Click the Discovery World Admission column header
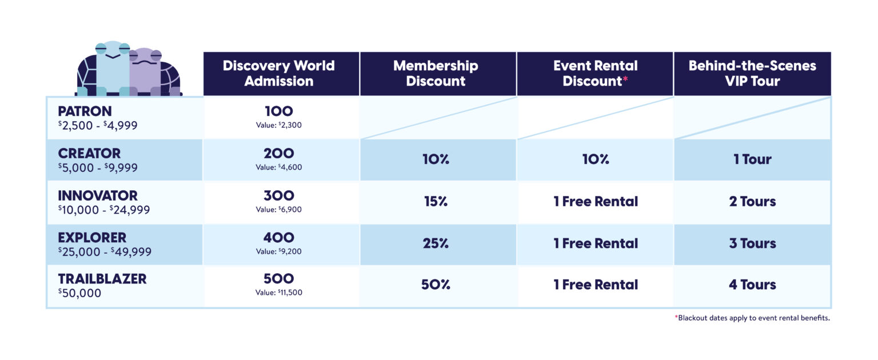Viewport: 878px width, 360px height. pyautogui.click(x=279, y=73)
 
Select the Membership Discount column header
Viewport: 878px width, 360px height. pyautogui.click(x=436, y=73)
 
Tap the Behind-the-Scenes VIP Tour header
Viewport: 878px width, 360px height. pyautogui.click(x=752, y=73)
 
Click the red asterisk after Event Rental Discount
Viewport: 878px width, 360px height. pyautogui.click(x=625, y=79)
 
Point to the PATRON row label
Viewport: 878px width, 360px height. pyautogui.click(x=85, y=111)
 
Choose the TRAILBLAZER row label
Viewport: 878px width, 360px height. pyautogui.click(x=102, y=279)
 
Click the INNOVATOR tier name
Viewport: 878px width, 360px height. pyautogui.click(x=98, y=195)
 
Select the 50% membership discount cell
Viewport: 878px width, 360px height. pyautogui.click(x=436, y=285)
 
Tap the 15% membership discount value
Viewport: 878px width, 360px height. pyautogui.click(x=436, y=201)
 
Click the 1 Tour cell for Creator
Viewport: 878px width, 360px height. pyautogui.click(x=752, y=159)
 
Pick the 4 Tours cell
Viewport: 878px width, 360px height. pyautogui.click(x=752, y=285)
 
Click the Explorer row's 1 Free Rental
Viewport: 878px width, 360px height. pyautogui.click(x=596, y=243)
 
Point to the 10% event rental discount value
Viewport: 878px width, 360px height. pyautogui.click(x=596, y=159)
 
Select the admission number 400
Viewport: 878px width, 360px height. pyautogui.click(x=279, y=237)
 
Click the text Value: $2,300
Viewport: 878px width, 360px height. pyautogui.click(x=279, y=125)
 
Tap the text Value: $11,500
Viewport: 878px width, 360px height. pyautogui.click(x=279, y=293)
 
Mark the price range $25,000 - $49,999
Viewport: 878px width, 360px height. pyautogui.click(x=105, y=251)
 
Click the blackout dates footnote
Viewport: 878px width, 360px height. pyautogui.click(x=752, y=318)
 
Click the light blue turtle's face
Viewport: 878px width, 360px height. pyautogui.click(x=113, y=53)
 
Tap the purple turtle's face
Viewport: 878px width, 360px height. pyautogui.click(x=145, y=59)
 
